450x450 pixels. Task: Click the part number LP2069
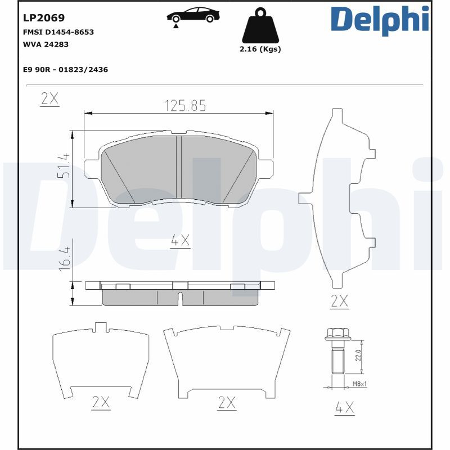[x=44, y=18]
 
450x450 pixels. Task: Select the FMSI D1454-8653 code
[x=58, y=32]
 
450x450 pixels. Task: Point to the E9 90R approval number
[x=65, y=70]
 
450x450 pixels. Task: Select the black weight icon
[x=259, y=26]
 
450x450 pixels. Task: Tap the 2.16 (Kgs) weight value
[x=260, y=49]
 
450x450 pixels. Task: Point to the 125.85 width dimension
[x=185, y=105]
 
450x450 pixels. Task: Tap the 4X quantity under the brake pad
[x=181, y=241]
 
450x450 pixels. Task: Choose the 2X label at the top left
[x=49, y=98]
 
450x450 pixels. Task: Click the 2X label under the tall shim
[x=339, y=301]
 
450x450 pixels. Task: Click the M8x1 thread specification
[x=359, y=384]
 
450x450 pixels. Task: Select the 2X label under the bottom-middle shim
[x=226, y=402]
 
